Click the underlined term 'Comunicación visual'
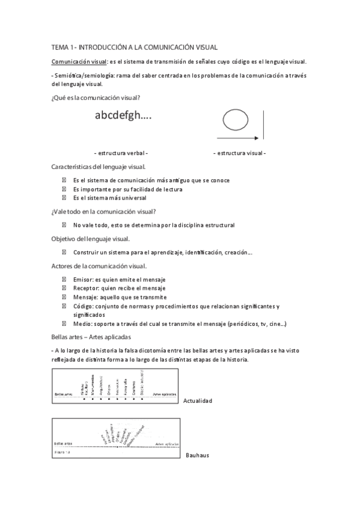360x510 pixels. tap(75, 62)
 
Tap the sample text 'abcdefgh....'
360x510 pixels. tap(123, 116)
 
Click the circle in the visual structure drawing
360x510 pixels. tap(235, 119)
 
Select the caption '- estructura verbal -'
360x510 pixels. tap(121, 153)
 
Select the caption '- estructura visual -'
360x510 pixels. tap(239, 153)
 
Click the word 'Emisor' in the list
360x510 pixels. tap(82, 280)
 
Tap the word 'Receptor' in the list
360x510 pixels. tap(85, 288)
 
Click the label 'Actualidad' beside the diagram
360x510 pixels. tap(199, 400)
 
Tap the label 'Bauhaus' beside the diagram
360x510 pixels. tap(197, 455)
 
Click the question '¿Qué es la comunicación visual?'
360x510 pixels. tap(96, 97)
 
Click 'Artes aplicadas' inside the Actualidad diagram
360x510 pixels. tap(165, 395)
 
